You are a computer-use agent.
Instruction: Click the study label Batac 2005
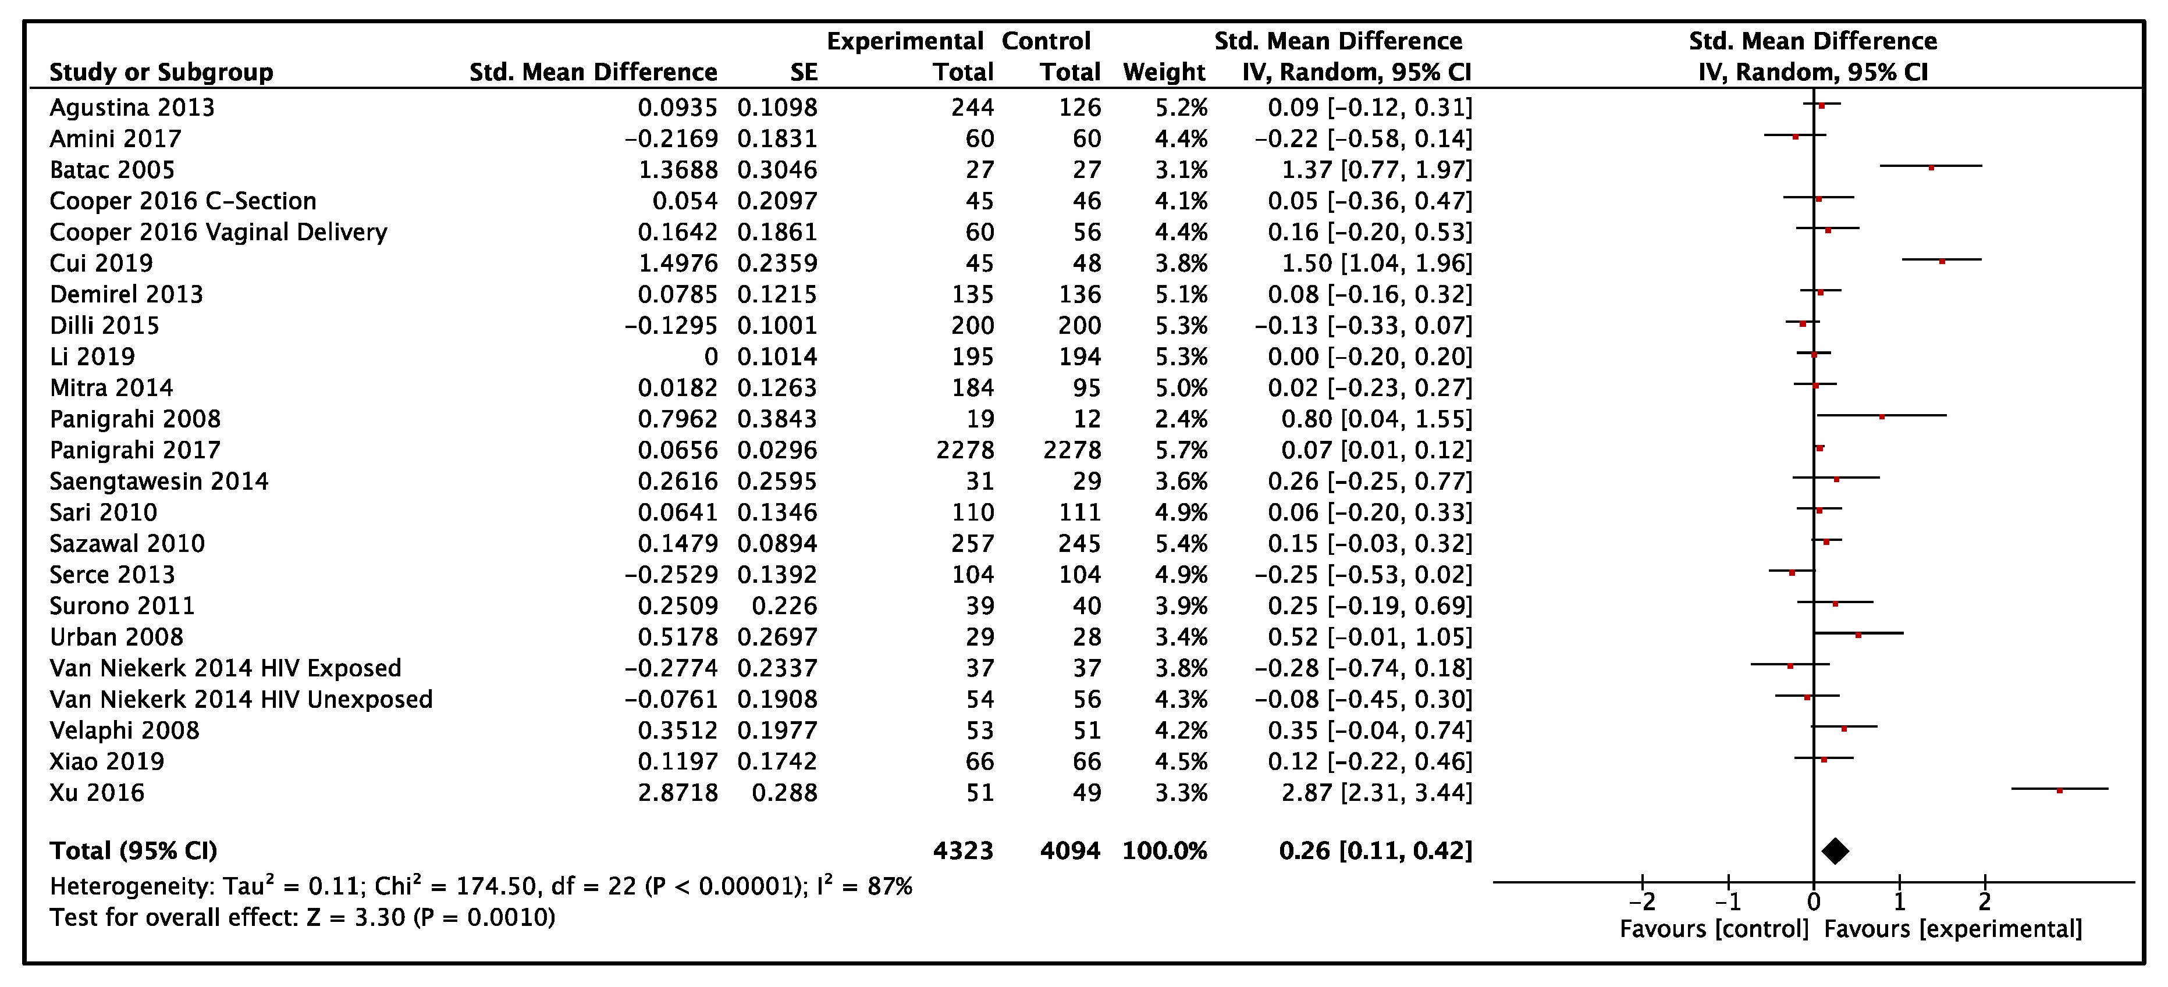click(x=112, y=170)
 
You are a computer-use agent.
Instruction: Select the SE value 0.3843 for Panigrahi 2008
click(x=777, y=419)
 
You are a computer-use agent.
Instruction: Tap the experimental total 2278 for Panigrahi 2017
click(x=965, y=450)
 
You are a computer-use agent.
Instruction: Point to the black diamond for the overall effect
click(x=1835, y=851)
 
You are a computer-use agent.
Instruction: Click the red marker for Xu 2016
click(x=2059, y=790)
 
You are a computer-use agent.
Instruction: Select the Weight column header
click(x=1164, y=72)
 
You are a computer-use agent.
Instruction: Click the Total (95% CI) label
click(x=133, y=851)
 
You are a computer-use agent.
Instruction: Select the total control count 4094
click(x=1069, y=851)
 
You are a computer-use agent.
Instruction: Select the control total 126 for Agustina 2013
click(x=1080, y=108)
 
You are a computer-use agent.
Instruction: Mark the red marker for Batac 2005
click(x=1932, y=168)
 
